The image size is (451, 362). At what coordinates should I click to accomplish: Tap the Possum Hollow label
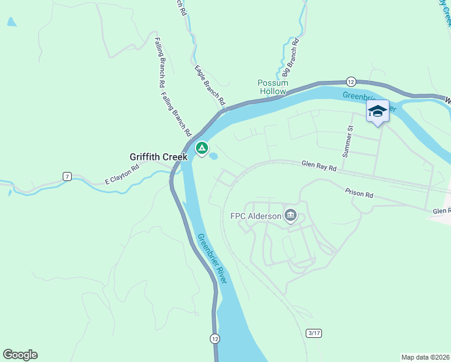pyautogui.click(x=273, y=87)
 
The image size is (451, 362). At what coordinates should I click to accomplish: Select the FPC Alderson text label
pyautogui.click(x=256, y=216)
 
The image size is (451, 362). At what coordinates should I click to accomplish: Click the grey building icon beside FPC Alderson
pyautogui.click(x=291, y=215)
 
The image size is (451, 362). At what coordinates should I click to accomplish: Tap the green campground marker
pyautogui.click(x=201, y=148)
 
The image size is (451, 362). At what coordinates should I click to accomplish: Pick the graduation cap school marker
pyautogui.click(x=377, y=111)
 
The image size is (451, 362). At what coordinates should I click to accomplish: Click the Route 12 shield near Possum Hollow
pyautogui.click(x=351, y=81)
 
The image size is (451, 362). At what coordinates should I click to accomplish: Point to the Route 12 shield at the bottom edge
pyautogui.click(x=215, y=338)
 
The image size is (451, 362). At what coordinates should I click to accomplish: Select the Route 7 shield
pyautogui.click(x=67, y=176)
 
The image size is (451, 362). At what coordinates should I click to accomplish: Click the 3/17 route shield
pyautogui.click(x=314, y=333)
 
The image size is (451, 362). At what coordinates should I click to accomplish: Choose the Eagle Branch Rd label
pyautogui.click(x=209, y=85)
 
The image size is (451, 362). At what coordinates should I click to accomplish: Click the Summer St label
pyautogui.click(x=347, y=141)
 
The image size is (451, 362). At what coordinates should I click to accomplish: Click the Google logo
pyautogui.click(x=20, y=355)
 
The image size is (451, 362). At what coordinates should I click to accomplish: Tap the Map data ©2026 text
pyautogui.click(x=425, y=357)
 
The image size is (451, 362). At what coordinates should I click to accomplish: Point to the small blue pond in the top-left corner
pyautogui.click(x=11, y=22)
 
